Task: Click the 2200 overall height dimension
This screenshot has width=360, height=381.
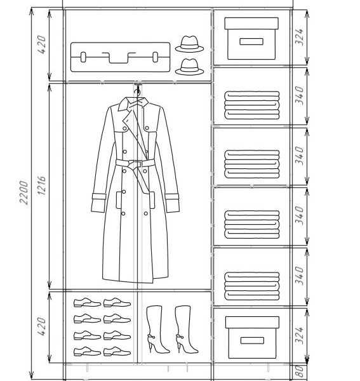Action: coord(23,192)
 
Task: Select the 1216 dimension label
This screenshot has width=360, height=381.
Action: coord(41,185)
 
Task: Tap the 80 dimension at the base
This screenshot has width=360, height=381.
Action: coord(300,371)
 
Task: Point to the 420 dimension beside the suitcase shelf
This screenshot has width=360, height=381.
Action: coord(41,44)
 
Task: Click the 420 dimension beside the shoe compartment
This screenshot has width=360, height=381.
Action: coord(41,326)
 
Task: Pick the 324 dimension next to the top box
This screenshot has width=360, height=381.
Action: coord(299,37)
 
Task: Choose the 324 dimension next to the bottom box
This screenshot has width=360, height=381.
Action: coord(299,335)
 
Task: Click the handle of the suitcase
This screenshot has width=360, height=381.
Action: coord(119,57)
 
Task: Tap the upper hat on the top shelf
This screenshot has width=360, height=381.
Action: coord(189,44)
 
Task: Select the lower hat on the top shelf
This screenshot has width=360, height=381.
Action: coord(189,67)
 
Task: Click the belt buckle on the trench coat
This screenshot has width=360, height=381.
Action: coord(135,164)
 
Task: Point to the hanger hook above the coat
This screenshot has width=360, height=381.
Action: coord(138,91)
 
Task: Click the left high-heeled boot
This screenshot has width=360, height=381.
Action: coord(157,329)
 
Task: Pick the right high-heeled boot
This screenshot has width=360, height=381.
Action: coord(186,329)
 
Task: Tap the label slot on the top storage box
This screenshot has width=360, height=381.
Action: coord(251,41)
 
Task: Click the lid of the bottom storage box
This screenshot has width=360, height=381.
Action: coord(252,322)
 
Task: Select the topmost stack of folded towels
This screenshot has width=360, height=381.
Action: coord(252,105)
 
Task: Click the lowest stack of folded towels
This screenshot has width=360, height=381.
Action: coord(252,286)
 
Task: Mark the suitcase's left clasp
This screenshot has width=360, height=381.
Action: coord(83,57)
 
